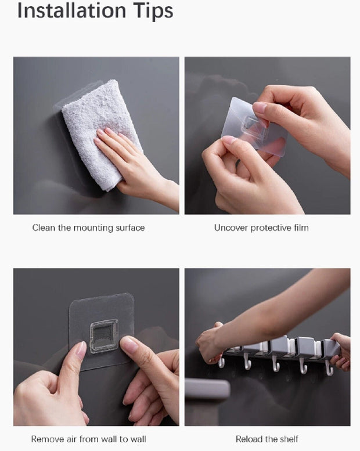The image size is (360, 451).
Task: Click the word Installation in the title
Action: (x=71, y=10)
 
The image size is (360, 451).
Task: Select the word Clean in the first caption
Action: (x=44, y=228)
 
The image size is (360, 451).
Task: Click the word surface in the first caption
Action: (x=130, y=228)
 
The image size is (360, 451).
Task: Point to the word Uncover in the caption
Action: (x=231, y=228)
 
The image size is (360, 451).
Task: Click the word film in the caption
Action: (x=301, y=228)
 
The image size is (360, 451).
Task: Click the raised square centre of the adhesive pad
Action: (x=104, y=336)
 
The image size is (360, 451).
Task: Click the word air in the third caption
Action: (x=71, y=439)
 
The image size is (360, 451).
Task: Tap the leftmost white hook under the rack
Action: (x=221, y=363)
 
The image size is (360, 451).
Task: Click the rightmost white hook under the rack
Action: (x=329, y=369)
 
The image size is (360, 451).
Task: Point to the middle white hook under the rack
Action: (x=275, y=365)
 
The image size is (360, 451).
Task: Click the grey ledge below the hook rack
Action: (x=207, y=389)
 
